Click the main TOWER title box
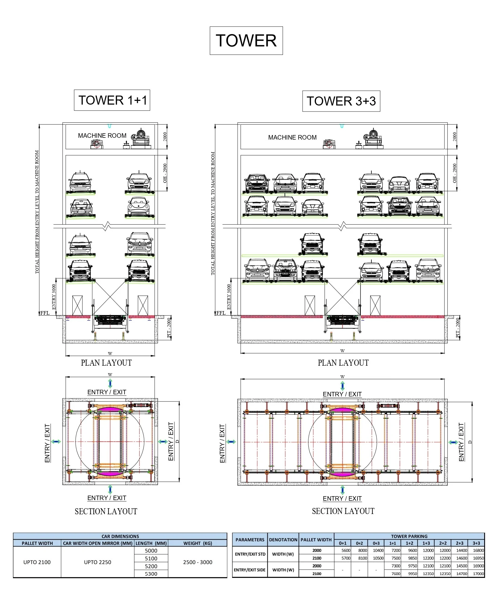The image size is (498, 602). (x=246, y=41)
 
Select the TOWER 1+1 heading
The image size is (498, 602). (x=112, y=100)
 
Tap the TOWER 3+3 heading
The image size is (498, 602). (x=341, y=101)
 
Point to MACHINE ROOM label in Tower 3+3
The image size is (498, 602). (x=292, y=137)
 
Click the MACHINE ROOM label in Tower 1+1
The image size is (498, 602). (x=102, y=136)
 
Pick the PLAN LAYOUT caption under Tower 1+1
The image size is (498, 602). (x=106, y=363)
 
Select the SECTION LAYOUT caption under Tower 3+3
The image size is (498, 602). (x=343, y=511)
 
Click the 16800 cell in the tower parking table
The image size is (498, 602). (x=478, y=550)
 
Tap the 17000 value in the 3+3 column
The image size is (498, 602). (x=478, y=574)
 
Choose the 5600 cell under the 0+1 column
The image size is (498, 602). (x=345, y=550)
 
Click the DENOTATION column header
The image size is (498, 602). (x=283, y=540)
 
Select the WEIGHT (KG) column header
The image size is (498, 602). (x=197, y=543)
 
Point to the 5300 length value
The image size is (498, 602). (x=151, y=574)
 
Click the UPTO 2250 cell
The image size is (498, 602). (x=97, y=562)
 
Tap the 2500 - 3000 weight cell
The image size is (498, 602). (x=197, y=562)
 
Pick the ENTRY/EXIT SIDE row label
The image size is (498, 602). (x=250, y=570)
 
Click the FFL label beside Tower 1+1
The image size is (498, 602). (x=45, y=313)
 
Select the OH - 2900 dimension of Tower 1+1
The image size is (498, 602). (x=165, y=173)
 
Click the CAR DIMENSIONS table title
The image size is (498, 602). (x=120, y=536)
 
